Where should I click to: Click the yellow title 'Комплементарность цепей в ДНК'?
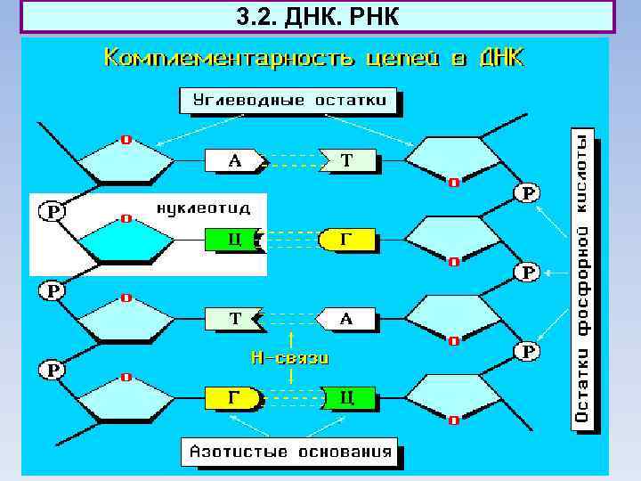(x=314, y=60)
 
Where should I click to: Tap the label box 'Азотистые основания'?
(x=289, y=451)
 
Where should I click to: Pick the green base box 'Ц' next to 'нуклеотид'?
(x=231, y=240)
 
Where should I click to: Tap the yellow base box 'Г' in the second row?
(x=345, y=240)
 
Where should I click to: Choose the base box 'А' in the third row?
(x=345, y=318)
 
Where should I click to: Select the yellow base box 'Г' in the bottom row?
(x=232, y=397)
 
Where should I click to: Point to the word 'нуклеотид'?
(x=203, y=208)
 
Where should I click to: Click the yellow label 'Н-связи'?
(x=290, y=358)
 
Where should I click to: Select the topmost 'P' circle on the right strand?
(x=529, y=192)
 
